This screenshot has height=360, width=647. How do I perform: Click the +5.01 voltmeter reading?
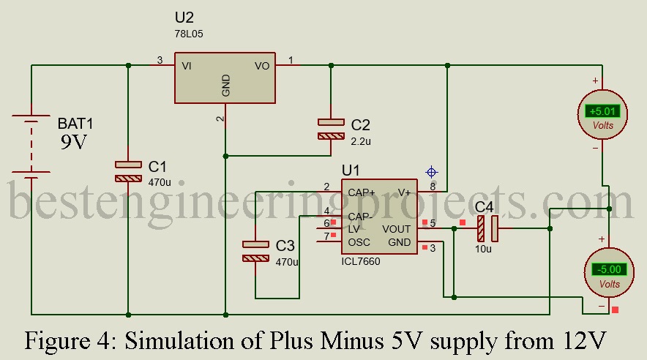pyautogui.click(x=603, y=112)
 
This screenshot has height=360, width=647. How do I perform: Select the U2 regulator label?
pyautogui.click(x=184, y=16)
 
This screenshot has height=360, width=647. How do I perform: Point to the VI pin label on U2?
pyautogui.click(x=187, y=66)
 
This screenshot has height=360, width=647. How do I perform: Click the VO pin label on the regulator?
pyautogui.click(x=262, y=66)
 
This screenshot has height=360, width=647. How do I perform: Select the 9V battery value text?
pyautogui.click(x=73, y=142)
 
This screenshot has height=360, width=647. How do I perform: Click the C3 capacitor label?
pyautogui.click(x=285, y=245)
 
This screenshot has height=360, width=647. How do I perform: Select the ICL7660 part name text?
pyautogui.click(x=361, y=261)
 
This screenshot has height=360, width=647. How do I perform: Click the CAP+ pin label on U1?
pyautogui.click(x=362, y=192)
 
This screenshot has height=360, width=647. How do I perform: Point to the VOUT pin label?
pyautogui.click(x=396, y=229)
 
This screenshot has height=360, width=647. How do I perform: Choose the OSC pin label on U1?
pyautogui.click(x=359, y=242)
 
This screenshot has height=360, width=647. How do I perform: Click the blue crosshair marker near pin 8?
pyautogui.click(x=432, y=173)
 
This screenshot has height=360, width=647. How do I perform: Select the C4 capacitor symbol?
pyautogui.click(x=488, y=228)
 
